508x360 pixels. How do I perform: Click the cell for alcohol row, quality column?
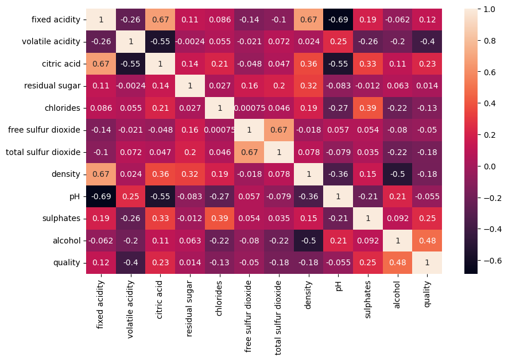click(427, 241)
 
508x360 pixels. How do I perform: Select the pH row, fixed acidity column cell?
click(100, 196)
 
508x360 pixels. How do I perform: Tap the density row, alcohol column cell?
click(397, 175)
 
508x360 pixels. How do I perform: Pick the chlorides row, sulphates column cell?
click(368, 108)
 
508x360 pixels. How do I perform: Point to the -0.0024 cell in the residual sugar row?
click(130, 86)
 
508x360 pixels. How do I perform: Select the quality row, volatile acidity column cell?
click(130, 263)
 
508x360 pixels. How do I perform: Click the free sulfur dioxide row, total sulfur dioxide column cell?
click(279, 130)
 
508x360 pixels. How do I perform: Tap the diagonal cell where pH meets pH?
click(338, 196)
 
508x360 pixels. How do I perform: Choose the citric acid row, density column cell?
click(308, 64)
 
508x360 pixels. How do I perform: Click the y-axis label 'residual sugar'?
click(53, 86)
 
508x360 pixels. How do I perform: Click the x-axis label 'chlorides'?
click(219, 298)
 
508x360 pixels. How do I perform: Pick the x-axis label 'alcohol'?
click(397, 295)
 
